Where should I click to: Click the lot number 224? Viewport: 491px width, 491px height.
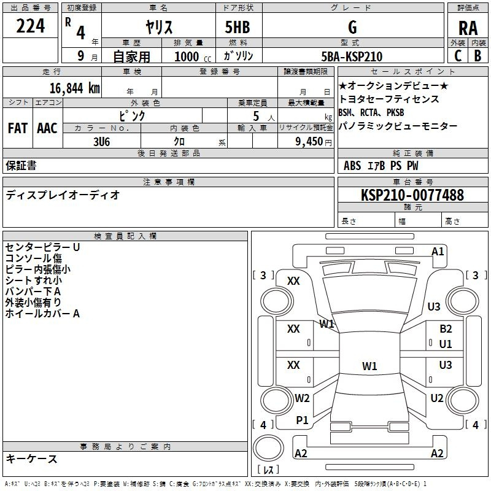pos(30,26)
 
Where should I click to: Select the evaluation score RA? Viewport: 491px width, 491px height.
pos(468,28)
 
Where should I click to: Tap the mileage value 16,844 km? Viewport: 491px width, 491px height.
pos(75,88)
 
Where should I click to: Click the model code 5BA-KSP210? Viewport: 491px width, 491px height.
pos(352,56)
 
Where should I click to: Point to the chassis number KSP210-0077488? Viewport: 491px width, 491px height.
pos(412,195)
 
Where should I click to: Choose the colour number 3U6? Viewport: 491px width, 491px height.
pos(101,142)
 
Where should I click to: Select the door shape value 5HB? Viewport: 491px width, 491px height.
pos(238,27)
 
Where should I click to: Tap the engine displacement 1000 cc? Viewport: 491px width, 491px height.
pos(193,56)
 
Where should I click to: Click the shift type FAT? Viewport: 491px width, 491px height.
pos(18,128)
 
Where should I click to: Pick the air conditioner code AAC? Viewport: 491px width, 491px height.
pos(47,128)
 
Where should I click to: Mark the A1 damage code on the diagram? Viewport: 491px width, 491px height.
pos(438,252)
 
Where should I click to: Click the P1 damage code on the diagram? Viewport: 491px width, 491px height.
pos(302,420)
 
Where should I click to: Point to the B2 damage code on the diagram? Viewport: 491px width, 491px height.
pos(446,329)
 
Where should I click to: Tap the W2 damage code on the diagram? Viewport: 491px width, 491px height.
pos(302,398)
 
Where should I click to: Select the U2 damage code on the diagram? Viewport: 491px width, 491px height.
pos(437,398)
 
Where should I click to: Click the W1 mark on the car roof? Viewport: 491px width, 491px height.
pos(369,366)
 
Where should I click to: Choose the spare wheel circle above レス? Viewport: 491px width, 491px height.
pos(268,448)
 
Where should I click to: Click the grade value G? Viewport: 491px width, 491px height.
pos(352,27)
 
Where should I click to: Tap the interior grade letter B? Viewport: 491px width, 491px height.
pos(478,56)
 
